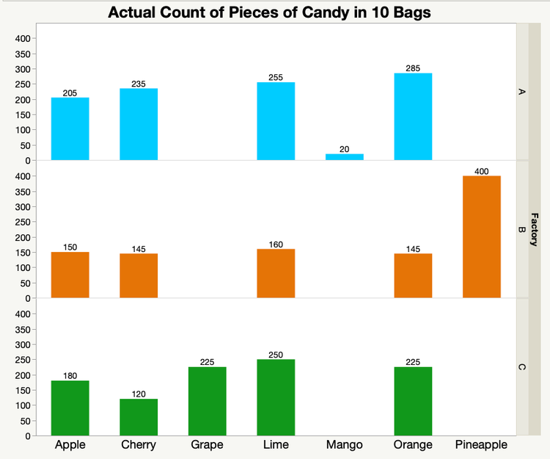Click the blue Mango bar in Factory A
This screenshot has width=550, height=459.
coord(344,156)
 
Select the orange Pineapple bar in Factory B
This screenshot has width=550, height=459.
coord(482,236)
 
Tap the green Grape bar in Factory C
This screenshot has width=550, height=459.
coord(207,401)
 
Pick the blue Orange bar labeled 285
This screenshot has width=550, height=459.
coord(413,117)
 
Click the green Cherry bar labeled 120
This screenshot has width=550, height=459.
coord(139,417)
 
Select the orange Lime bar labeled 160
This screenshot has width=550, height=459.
coord(276,273)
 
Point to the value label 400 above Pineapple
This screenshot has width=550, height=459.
coord(482,170)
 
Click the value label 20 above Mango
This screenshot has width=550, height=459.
coord(344,149)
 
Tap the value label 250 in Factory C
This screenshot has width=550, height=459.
coord(276,354)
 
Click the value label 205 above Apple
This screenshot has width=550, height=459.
coord(70,93)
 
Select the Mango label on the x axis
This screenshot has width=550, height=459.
coord(344,445)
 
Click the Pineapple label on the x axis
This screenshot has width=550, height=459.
coord(482,445)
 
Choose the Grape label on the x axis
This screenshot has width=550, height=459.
coord(207,445)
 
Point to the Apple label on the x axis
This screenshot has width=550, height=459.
coord(70,445)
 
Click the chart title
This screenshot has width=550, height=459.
coord(269,12)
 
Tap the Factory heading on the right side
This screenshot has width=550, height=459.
coord(534,229)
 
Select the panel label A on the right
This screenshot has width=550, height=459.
coord(521,92)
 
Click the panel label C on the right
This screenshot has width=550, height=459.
coord(521,366)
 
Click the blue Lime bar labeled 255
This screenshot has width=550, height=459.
coord(276,121)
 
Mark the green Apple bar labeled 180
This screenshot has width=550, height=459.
coord(70,408)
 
